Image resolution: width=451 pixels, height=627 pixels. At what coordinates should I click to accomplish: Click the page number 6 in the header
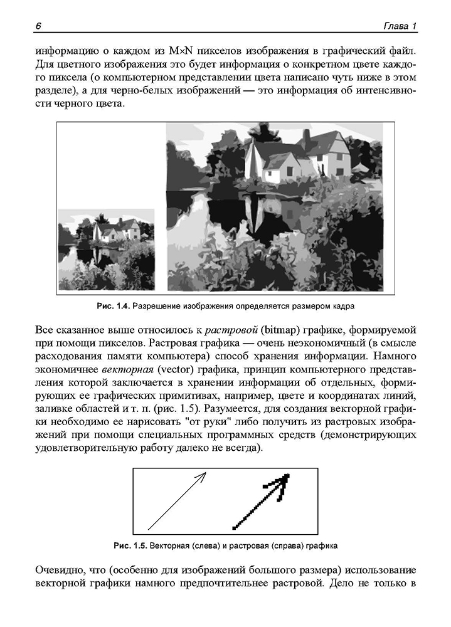38,25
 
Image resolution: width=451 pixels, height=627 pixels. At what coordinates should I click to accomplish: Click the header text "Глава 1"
400,25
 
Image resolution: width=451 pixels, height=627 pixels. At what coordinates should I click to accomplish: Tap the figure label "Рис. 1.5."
130,545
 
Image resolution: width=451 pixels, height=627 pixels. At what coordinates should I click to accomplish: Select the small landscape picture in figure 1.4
105,250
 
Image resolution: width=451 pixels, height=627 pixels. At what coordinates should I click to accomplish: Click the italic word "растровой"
231,330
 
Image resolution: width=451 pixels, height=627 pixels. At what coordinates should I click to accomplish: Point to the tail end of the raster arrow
235,527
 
